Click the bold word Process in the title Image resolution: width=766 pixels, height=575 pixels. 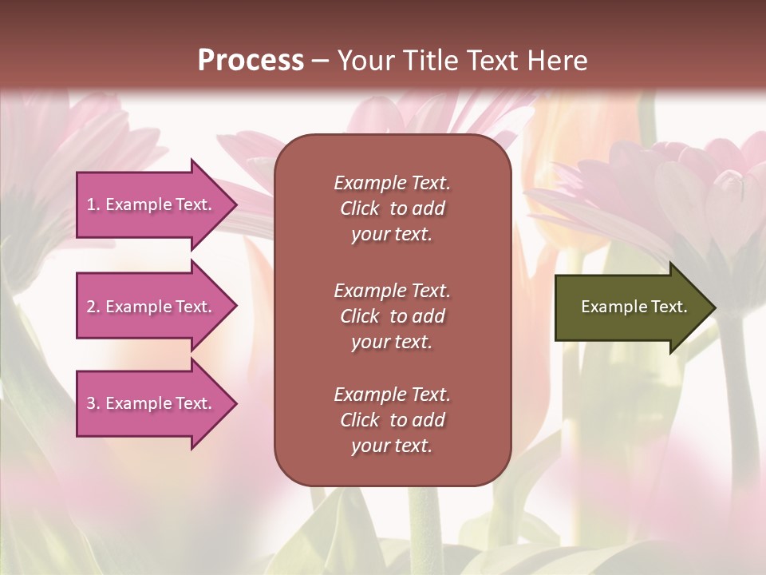[251, 60]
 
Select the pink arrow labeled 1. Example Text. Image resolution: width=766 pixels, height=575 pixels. [152, 204]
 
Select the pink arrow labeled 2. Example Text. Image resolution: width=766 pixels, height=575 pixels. [152, 307]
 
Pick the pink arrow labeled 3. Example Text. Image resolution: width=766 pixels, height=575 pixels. [152, 403]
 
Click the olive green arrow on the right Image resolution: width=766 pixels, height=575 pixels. [630, 307]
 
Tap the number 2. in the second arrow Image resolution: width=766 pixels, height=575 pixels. [93, 307]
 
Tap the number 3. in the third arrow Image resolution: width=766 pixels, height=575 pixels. [93, 403]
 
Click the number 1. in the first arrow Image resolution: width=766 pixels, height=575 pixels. [93, 204]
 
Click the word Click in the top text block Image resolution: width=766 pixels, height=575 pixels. [360, 208]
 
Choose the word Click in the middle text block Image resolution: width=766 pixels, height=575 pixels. [360, 316]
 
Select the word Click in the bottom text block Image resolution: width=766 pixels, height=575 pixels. [360, 420]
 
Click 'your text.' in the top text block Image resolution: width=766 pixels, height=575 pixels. [392, 235]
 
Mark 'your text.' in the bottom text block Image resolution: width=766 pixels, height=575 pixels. [392, 446]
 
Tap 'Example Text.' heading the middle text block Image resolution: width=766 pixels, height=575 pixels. [392, 291]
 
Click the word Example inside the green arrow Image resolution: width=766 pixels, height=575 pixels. [608, 307]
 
